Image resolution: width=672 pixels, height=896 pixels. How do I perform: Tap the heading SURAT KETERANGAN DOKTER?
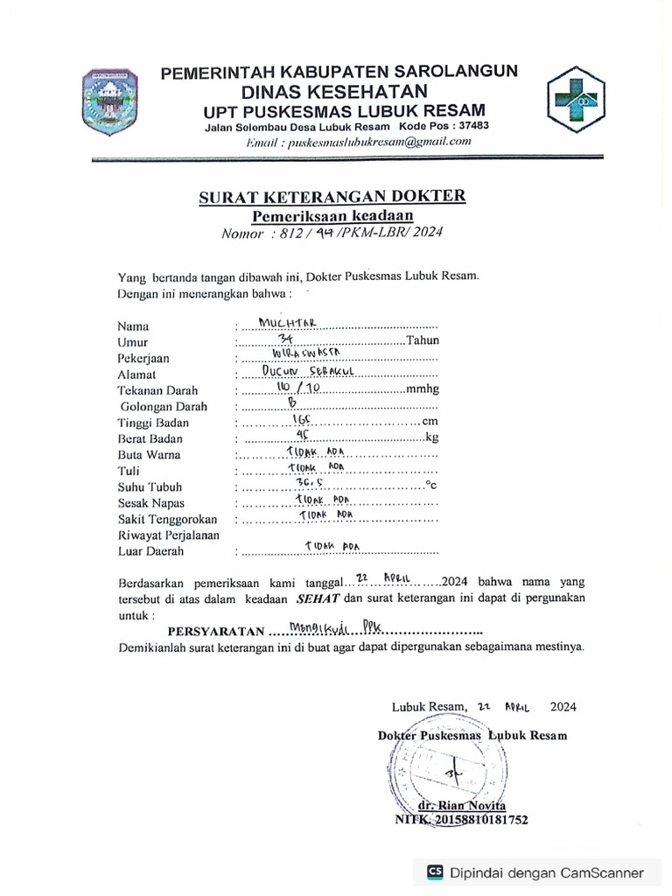pos(332,197)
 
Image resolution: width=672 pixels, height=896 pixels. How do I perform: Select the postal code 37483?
pos(474,126)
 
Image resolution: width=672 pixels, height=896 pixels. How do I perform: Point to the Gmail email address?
pos(354,142)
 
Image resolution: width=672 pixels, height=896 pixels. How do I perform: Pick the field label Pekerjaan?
pos(143,358)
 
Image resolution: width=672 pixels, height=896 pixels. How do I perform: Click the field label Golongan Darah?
pos(164,406)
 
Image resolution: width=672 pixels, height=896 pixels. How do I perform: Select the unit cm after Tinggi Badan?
pos(430,423)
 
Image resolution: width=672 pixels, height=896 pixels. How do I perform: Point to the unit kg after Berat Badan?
pos(430,438)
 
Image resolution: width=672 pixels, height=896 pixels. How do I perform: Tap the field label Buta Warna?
pos(149,455)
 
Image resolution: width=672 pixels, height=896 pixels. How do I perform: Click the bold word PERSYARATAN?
pos(216,631)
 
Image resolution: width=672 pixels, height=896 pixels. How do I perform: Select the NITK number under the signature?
pos(461,820)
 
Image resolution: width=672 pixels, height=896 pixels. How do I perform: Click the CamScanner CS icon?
pos(435,871)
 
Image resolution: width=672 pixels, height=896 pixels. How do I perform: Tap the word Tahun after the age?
pos(423,341)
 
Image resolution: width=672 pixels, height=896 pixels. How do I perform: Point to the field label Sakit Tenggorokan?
pos(167,519)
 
